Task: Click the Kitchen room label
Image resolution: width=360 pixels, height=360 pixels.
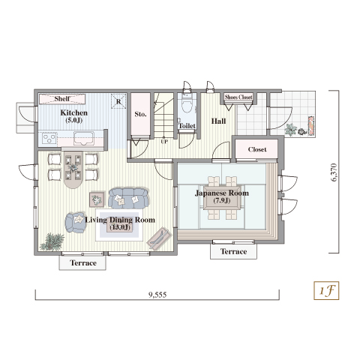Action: (x=74, y=112)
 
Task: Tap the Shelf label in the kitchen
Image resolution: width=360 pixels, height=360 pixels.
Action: (x=62, y=98)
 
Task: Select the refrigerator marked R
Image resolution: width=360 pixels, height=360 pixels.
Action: (x=118, y=101)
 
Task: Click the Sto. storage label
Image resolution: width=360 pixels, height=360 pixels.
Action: (x=140, y=114)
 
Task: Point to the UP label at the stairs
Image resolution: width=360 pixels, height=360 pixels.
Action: (x=164, y=142)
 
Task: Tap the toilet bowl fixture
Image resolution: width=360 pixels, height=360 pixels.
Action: (x=187, y=105)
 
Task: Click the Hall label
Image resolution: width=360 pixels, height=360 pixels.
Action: (x=218, y=121)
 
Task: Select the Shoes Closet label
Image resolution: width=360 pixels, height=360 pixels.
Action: (x=238, y=97)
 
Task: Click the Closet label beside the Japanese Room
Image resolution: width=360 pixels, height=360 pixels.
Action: (x=257, y=149)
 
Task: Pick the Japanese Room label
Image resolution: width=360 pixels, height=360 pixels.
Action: (x=222, y=193)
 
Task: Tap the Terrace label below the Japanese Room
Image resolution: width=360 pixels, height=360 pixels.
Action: (x=233, y=251)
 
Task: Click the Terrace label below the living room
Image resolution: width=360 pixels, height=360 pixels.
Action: (x=83, y=263)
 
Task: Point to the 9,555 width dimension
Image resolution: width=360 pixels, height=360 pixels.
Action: (x=157, y=295)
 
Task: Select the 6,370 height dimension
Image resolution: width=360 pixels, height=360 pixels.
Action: (x=334, y=172)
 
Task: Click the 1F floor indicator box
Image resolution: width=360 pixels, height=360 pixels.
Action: (x=326, y=290)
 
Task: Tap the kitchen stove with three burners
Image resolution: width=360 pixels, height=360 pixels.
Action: (x=49, y=138)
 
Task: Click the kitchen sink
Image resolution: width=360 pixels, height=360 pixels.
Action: (x=84, y=138)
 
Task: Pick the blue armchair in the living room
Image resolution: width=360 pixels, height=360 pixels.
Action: (x=75, y=223)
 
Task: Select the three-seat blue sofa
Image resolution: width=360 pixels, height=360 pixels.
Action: (x=128, y=199)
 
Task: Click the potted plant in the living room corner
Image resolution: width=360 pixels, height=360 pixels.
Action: (x=52, y=241)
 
